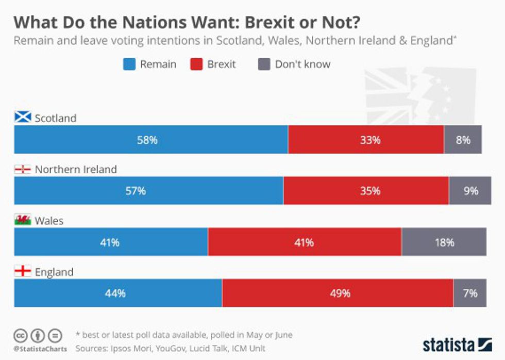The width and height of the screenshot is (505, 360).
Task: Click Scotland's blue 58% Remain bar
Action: pyautogui.click(x=151, y=139)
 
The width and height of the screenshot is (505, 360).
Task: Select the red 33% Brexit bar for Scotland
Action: pyautogui.click(x=366, y=139)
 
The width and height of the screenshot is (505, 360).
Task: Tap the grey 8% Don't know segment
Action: pyautogui.click(x=463, y=139)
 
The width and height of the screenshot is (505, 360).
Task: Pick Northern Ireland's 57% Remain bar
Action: pyautogui.click(x=148, y=191)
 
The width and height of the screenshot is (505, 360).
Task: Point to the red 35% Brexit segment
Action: pyautogui.click(x=366, y=191)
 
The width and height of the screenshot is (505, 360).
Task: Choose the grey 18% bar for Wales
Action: pyautogui.click(x=444, y=242)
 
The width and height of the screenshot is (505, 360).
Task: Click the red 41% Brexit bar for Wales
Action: pyautogui.click(x=305, y=242)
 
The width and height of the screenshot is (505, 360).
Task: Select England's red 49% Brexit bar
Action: pyautogui.click(x=338, y=293)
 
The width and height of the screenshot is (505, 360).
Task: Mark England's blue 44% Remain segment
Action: pyautogui.click(x=118, y=293)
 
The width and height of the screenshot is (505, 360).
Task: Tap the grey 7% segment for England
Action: pyautogui.click(x=469, y=293)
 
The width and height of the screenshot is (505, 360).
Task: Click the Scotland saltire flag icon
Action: pyautogui.click(x=23, y=117)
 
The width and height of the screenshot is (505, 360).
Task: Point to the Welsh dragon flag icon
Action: pyautogui.click(x=23, y=220)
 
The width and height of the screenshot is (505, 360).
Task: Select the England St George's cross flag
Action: pyautogui.click(x=23, y=271)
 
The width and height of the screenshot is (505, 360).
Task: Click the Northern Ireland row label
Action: pyautogui.click(x=76, y=169)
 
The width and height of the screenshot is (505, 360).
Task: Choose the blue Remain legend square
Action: pyautogui.click(x=129, y=64)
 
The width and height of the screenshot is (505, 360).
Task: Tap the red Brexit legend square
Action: pyautogui.click(x=196, y=64)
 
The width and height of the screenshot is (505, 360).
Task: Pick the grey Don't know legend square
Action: pyautogui.click(x=263, y=64)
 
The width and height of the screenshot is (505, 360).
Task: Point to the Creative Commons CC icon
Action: pyautogui.click(x=21, y=335)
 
